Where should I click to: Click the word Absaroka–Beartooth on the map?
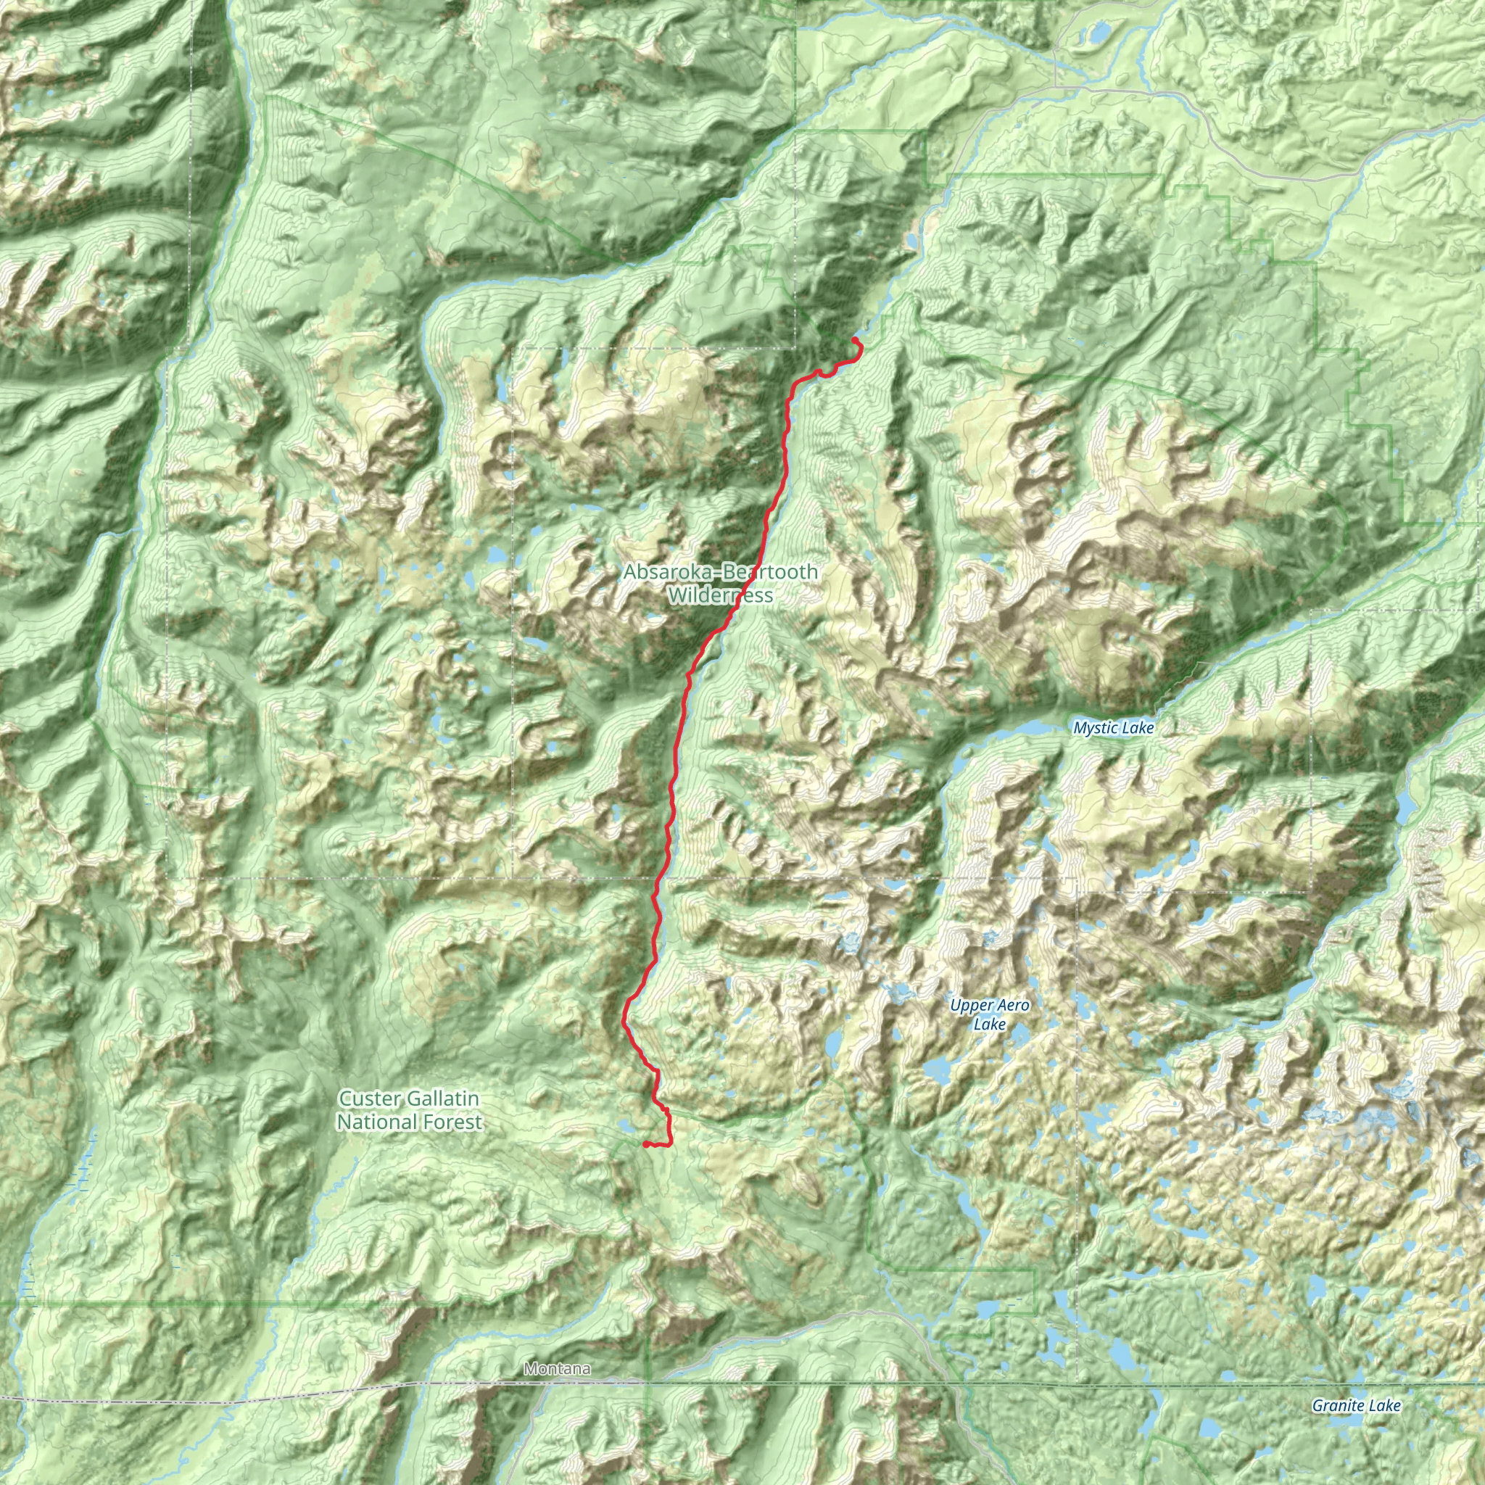click(720, 572)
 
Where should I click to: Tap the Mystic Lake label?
click(1113, 728)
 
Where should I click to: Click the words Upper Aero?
click(989, 1006)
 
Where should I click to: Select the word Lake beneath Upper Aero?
click(989, 1024)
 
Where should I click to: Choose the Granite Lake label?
click(1356, 1406)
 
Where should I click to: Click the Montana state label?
click(558, 1368)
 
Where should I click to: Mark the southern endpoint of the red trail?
click(644, 1144)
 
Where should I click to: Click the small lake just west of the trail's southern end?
click(626, 1128)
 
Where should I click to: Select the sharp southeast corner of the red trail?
click(670, 1144)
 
